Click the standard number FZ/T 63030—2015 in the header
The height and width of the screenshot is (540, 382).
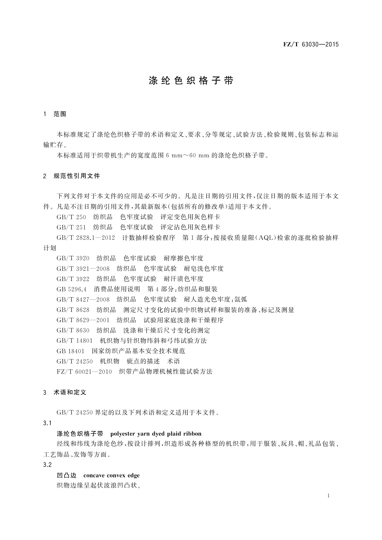pos(311,45)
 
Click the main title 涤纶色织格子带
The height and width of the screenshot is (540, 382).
pos(191,80)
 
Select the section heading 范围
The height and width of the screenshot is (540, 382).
pos(60,114)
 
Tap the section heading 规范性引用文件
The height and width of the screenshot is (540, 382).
pos(77,176)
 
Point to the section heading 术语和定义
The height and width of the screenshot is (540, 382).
pos(70,392)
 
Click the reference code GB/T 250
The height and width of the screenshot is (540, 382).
pos(71,217)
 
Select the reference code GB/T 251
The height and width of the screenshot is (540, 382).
pos(71,227)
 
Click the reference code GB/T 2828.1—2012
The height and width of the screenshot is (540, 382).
pos(86,238)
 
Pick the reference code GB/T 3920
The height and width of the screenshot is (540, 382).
pos(73,258)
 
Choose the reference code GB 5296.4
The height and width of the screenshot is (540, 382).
pos(72,289)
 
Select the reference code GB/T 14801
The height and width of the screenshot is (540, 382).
pos(74,341)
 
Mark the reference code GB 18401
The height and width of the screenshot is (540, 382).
pos(70,351)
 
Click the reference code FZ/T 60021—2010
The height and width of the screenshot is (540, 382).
pos(84,372)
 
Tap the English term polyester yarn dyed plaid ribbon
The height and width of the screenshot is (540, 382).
pos(156,434)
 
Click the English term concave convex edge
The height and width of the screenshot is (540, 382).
pos(111,475)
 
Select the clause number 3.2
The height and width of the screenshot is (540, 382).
pos(47,465)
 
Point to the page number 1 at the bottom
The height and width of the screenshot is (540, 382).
pos(329,496)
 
